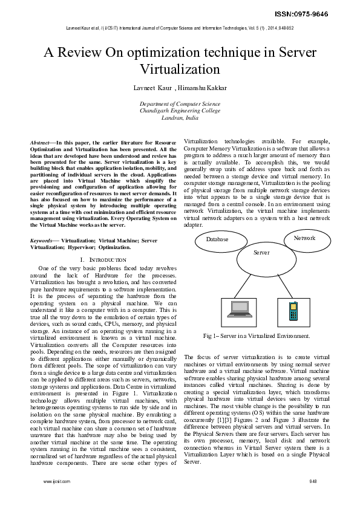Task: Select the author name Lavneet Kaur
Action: pyautogui.click(x=152, y=88)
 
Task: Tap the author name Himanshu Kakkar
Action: pyautogui.click(x=203, y=88)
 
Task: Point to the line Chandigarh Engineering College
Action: pyautogui.click(x=180, y=111)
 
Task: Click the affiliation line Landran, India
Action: pyautogui.click(x=180, y=118)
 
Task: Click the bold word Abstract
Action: pyautogui.click(x=40, y=141)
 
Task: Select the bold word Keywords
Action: pyautogui.click(x=41, y=240)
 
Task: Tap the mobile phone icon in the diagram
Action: pyautogui.click(x=292, y=311)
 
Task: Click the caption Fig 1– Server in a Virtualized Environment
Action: pyautogui.click(x=257, y=336)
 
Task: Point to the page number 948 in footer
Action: pyautogui.click(x=313, y=481)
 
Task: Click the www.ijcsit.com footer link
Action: pyautogui.click(x=57, y=481)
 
